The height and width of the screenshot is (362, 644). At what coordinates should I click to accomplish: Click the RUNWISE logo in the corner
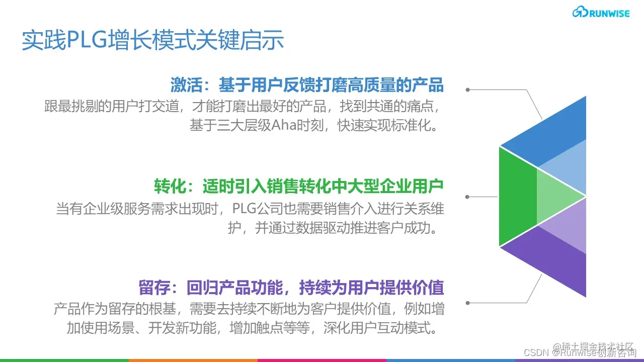tap(601, 13)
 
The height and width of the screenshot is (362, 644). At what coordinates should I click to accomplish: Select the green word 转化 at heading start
tap(169, 187)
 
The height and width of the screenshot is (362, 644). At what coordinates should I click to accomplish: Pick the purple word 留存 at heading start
tap(153, 288)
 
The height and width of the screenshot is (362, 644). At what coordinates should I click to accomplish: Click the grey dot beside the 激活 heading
tap(467, 90)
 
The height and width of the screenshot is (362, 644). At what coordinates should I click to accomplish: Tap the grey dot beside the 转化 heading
tap(467, 197)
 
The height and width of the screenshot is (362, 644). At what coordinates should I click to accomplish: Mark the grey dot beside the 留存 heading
tap(467, 303)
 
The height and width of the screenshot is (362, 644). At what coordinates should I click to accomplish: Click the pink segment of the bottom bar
tap(322, 360)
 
